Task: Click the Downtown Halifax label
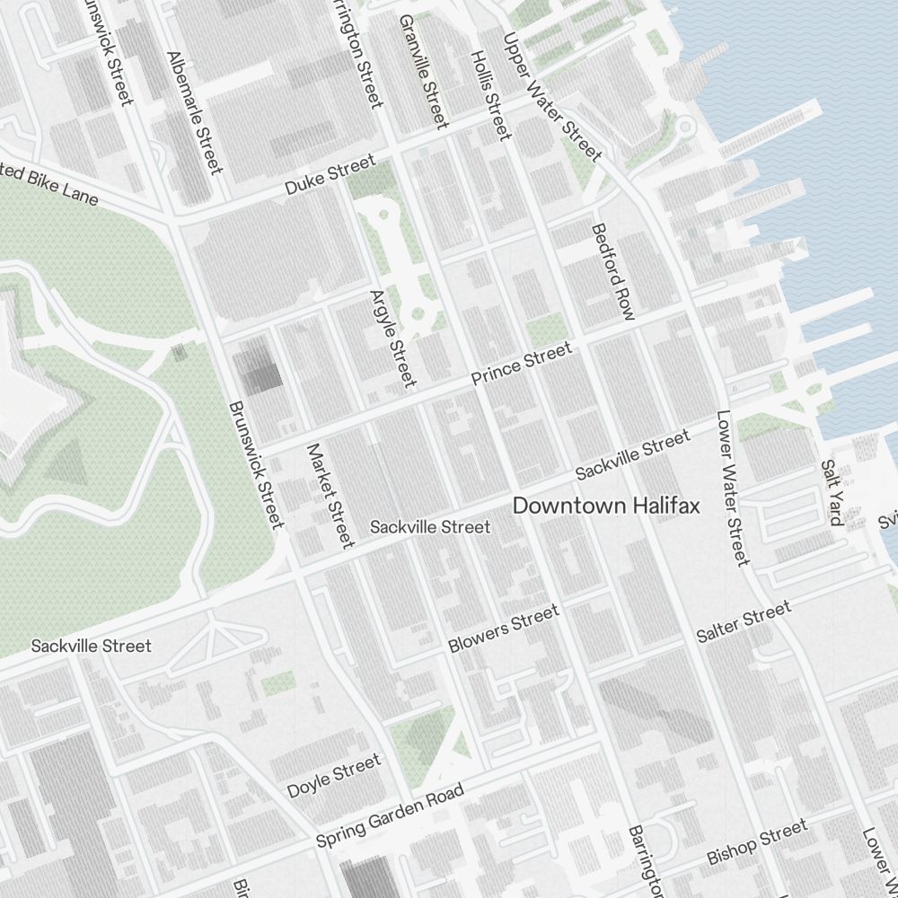click(x=605, y=506)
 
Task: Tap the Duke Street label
click(x=330, y=175)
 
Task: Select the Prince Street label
click(x=521, y=364)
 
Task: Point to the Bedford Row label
click(x=613, y=271)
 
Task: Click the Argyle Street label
click(x=394, y=338)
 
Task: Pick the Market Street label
click(x=330, y=495)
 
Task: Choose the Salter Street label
click(x=744, y=622)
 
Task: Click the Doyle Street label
click(x=333, y=777)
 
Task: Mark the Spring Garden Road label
click(x=390, y=815)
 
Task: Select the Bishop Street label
click(x=756, y=841)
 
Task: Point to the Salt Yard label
click(x=832, y=492)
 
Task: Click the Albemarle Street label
click(x=193, y=112)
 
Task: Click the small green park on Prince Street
click(x=546, y=329)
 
